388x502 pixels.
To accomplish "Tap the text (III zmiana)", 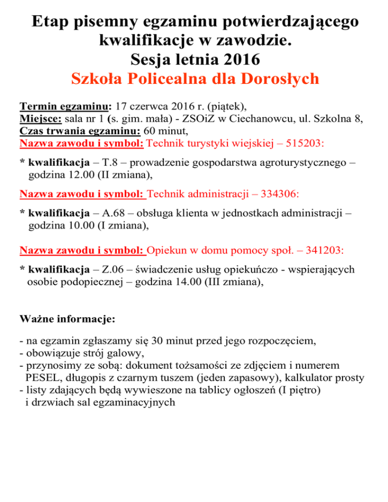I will [x=232, y=283].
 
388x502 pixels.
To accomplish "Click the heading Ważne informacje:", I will [x=67, y=319].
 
